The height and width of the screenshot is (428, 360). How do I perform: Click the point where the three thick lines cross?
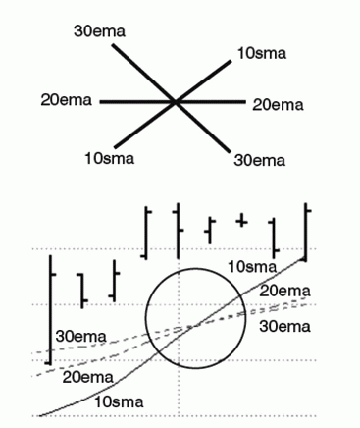[176, 102]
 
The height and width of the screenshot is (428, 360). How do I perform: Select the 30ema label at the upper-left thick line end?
[99, 31]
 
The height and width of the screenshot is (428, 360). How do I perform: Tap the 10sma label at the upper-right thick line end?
[262, 53]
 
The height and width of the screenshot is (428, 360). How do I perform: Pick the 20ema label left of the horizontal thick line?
[66, 100]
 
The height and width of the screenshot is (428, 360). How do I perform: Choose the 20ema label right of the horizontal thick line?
[278, 105]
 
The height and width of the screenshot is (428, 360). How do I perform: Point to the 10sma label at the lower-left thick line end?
[110, 159]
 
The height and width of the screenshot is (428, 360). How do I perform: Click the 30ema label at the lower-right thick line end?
[260, 161]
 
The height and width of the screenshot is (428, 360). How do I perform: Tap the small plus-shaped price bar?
[241, 221]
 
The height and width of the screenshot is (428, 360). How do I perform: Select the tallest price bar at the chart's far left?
[50, 310]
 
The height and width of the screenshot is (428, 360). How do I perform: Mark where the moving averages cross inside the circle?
[195, 326]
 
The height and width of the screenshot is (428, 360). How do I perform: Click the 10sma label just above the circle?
[252, 267]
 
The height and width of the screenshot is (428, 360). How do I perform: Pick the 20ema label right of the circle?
[284, 292]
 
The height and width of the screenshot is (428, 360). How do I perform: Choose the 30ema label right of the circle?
[284, 327]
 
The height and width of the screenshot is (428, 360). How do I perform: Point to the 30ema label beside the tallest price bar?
[81, 337]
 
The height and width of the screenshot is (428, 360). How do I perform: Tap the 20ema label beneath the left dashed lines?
[87, 378]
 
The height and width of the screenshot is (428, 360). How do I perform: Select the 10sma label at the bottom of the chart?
[119, 402]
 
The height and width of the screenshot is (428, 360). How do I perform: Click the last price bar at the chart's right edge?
[306, 232]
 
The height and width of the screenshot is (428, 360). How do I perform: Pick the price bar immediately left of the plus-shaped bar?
[210, 231]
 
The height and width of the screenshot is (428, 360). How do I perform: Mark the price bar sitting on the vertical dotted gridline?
[178, 231]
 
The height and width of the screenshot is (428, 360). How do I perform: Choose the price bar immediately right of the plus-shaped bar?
[274, 238]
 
